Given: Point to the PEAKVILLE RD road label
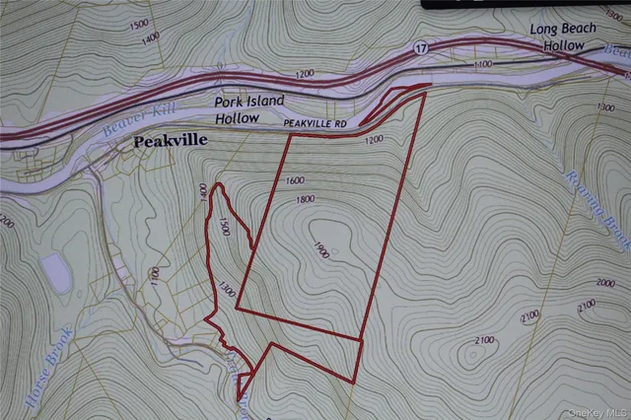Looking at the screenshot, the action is (315, 124).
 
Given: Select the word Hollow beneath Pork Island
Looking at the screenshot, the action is (237, 117).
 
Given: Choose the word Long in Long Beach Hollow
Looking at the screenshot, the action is (545, 30).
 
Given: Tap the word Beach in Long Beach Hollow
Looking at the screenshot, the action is (581, 30).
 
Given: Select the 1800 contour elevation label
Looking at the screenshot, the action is (306, 200).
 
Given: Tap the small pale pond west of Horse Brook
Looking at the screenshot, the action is (56, 273).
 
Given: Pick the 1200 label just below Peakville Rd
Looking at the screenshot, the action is (373, 140).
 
